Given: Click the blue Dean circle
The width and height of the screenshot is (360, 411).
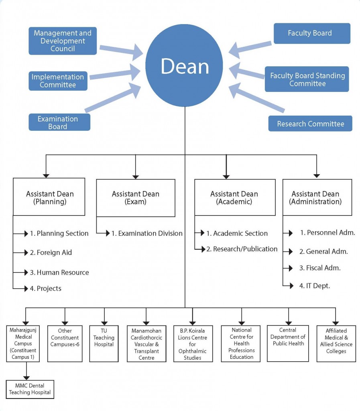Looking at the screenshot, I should [185, 67].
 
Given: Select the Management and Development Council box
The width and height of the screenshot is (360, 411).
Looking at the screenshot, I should [63, 41].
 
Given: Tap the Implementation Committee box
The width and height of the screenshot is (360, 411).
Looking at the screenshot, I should [58, 81].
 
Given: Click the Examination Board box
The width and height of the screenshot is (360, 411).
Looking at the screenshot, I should [59, 122].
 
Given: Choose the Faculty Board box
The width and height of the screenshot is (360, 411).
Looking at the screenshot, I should [311, 33].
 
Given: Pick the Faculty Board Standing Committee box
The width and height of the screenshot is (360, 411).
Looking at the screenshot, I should [307, 79].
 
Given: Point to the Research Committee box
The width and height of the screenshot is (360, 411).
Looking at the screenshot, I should [310, 124].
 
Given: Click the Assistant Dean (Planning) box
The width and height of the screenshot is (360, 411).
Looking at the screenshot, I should [49, 197].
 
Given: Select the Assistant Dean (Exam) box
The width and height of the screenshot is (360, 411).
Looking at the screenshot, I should [136, 197].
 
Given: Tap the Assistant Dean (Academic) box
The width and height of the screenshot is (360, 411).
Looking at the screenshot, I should [235, 197].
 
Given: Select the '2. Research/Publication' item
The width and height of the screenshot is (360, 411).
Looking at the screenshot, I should [242, 249].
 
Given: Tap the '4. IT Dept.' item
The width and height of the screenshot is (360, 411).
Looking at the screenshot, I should [315, 286].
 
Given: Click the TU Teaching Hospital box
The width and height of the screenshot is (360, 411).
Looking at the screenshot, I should [104, 341].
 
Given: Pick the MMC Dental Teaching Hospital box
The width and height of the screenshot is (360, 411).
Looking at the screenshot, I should [30, 389].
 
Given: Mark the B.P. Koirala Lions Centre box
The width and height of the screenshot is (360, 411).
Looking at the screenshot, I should [193, 344].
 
